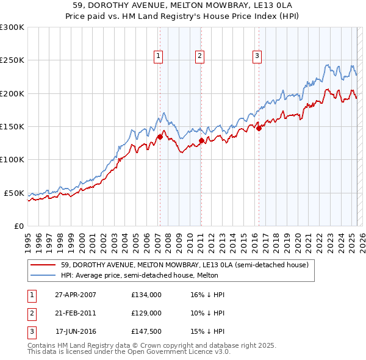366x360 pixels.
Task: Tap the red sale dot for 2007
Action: [x=160, y=137]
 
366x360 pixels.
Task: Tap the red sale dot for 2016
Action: [x=259, y=128]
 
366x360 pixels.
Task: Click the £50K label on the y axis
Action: [x=15, y=193]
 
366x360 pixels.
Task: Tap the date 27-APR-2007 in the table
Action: [x=76, y=295]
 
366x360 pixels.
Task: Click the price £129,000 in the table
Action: [x=146, y=313]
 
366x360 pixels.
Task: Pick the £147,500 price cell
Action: [x=146, y=331]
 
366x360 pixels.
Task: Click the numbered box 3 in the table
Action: [x=30, y=331]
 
